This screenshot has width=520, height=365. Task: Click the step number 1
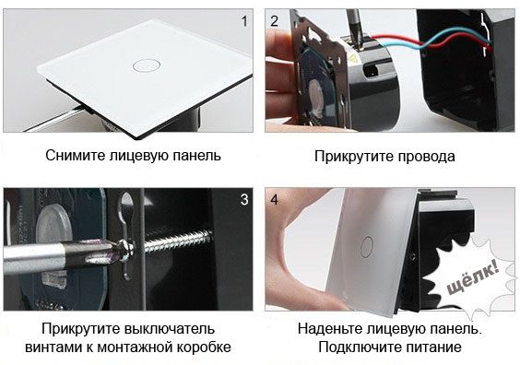(244, 21)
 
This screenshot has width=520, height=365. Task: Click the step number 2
(274, 21)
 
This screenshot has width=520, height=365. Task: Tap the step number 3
(244, 200)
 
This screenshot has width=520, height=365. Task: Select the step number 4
(274, 200)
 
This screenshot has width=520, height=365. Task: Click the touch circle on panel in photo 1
(147, 65)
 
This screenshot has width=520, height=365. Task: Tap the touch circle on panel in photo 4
(367, 247)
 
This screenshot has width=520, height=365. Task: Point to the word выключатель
(170, 329)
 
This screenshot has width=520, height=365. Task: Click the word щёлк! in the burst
(472, 277)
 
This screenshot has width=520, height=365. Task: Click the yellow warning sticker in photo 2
(351, 59)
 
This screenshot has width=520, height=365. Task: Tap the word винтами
(53, 347)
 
